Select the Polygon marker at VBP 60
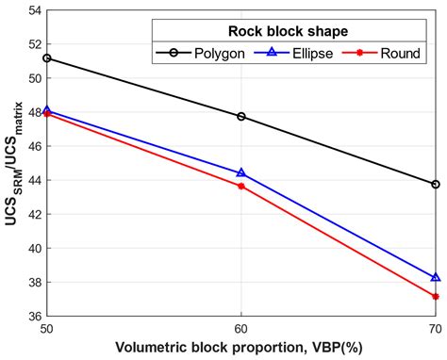[x=241, y=117]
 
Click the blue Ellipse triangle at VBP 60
[x=241, y=173]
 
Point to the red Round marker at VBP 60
[x=241, y=186]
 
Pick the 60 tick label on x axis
[x=241, y=330]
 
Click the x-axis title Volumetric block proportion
[x=241, y=348]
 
